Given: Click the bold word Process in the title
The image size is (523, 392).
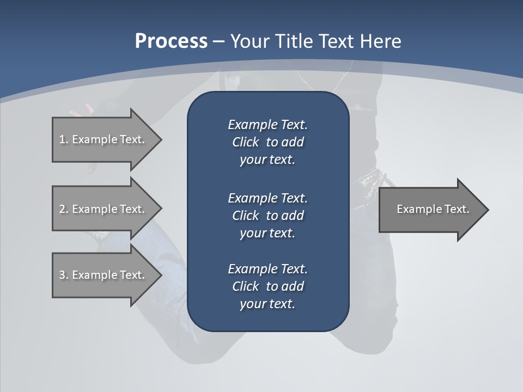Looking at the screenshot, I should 171,41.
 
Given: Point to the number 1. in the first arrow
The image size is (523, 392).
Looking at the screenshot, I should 64,139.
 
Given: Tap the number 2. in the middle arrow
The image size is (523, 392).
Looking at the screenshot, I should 64,209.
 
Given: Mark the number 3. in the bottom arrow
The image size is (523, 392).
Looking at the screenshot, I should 64,275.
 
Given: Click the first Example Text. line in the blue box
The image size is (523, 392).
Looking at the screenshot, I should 267,125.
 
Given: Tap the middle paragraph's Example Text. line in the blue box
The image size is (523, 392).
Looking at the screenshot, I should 267,198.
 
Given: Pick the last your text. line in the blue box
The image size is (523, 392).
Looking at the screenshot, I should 267,304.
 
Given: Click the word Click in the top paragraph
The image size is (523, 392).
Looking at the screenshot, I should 246,142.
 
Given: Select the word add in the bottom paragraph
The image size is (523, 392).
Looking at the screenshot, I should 293,286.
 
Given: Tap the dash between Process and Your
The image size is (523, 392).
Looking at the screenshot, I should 219,41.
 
